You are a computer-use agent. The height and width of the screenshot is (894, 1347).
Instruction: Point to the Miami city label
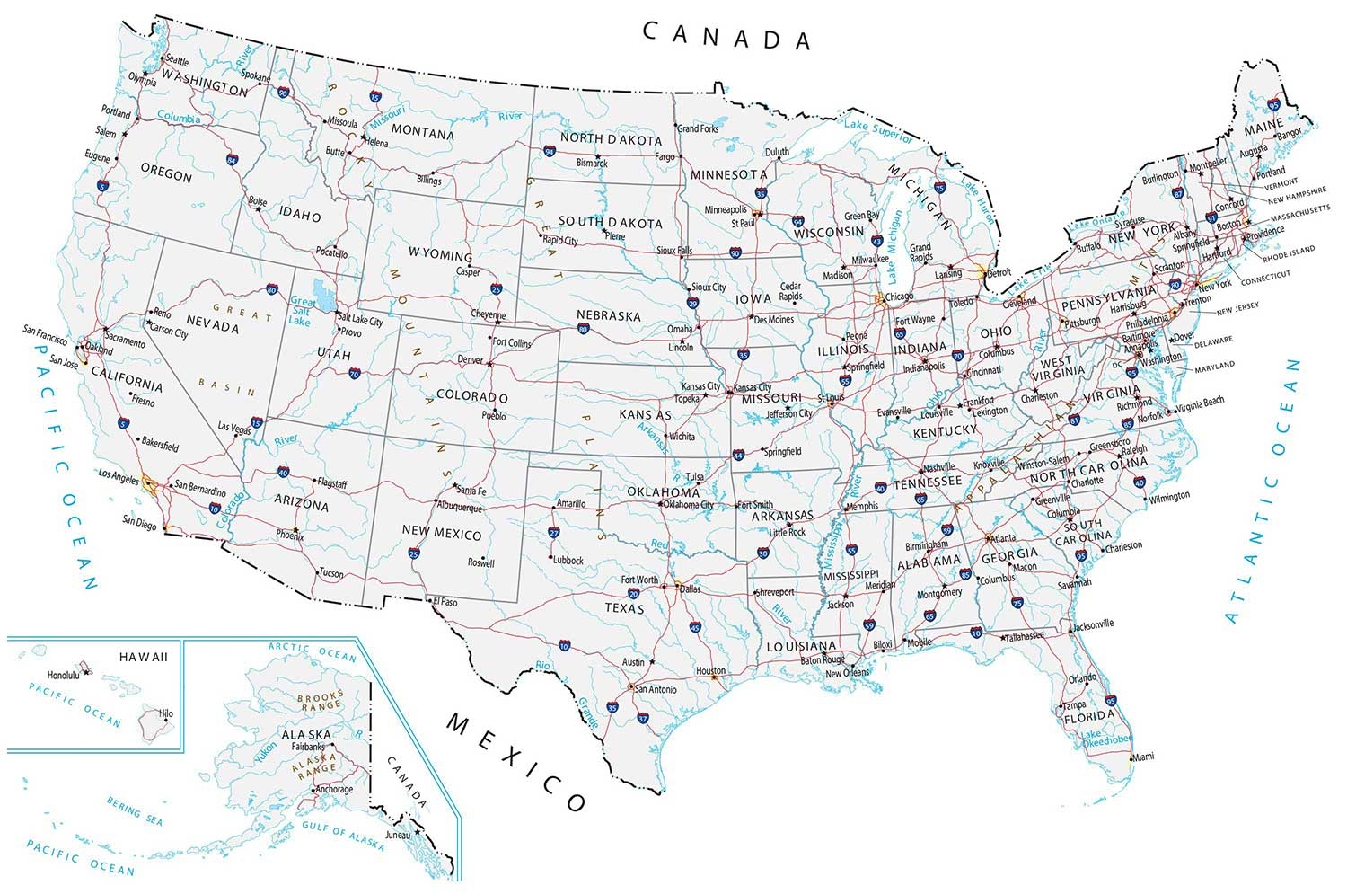click(1142, 757)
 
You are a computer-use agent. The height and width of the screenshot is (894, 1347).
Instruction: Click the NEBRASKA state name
click(609, 316)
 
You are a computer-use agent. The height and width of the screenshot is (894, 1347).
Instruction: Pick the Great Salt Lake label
click(302, 312)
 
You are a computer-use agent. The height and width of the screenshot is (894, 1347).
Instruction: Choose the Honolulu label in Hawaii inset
click(64, 675)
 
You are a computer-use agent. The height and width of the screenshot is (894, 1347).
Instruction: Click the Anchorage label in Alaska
click(334, 789)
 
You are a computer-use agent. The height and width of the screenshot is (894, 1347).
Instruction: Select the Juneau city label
click(397, 835)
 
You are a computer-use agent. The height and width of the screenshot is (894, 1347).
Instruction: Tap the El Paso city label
click(445, 602)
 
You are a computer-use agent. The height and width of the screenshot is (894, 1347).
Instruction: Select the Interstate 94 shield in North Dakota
click(549, 152)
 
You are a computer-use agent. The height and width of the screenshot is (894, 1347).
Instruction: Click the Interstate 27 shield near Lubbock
click(554, 533)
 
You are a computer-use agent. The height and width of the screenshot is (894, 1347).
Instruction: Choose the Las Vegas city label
click(234, 428)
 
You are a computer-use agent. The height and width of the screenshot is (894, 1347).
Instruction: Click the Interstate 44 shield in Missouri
click(738, 456)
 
